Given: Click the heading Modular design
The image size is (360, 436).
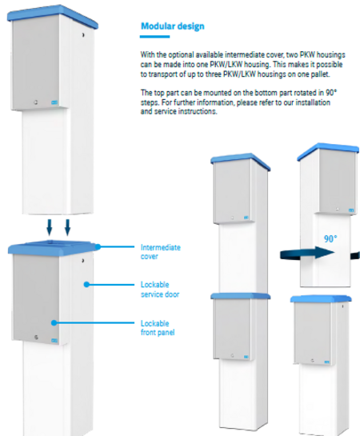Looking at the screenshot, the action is (x=173, y=26).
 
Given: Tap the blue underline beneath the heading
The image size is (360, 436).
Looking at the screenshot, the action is (x=154, y=37).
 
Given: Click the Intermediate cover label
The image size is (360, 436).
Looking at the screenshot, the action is (x=161, y=252).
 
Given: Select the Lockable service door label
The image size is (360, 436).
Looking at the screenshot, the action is (x=160, y=290).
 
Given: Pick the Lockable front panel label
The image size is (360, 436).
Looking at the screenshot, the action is (x=158, y=328).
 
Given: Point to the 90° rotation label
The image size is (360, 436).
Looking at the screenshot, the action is (x=330, y=238).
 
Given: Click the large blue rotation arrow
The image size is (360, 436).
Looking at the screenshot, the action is (x=307, y=253).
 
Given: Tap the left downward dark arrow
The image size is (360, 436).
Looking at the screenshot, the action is (x=50, y=227).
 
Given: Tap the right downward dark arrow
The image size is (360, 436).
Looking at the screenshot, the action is (x=67, y=227).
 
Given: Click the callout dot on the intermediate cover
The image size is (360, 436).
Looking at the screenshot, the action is (x=98, y=246).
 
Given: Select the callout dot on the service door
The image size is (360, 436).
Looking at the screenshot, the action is (x=86, y=285).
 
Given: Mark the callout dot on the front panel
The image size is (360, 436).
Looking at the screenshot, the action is (x=54, y=323).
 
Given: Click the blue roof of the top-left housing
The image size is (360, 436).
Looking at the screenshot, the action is (x=53, y=15).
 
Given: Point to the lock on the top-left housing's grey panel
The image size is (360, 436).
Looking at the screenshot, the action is (x=36, y=102).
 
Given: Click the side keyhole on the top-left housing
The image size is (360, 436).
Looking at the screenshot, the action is (x=83, y=34).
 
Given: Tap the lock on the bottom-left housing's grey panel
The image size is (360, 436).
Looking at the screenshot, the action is (x=36, y=338).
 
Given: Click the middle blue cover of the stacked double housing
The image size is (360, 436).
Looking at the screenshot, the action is (x=241, y=296).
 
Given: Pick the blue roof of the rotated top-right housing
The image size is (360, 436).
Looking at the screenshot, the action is (x=328, y=150).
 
